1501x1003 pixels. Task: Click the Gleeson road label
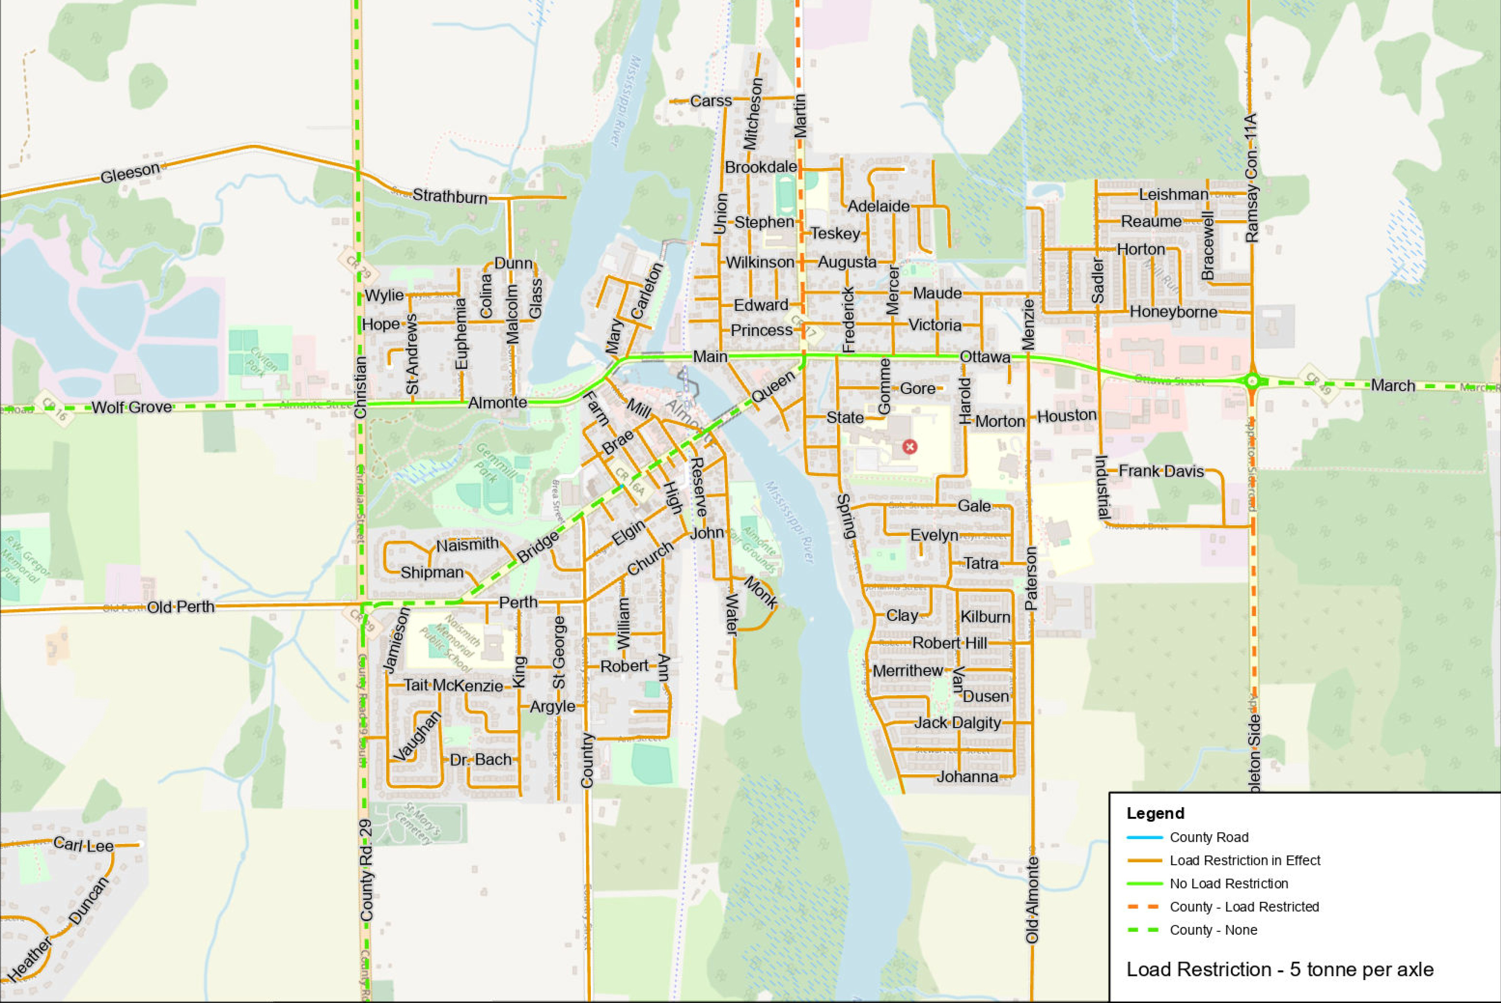coord(130,172)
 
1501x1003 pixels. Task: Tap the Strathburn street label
coord(450,196)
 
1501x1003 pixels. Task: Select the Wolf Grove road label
coord(132,407)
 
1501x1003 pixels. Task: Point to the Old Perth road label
coord(181,607)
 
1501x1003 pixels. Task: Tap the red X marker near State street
coord(909,446)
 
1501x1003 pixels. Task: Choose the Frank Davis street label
coord(1161,471)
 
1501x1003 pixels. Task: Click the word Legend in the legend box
coord(1155,813)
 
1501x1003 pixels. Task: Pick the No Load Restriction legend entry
coord(1228,884)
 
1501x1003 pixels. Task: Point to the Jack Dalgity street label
coord(957,723)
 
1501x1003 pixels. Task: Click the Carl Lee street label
coord(83,845)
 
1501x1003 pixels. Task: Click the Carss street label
coord(711,101)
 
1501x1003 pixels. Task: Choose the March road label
coord(1392,386)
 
